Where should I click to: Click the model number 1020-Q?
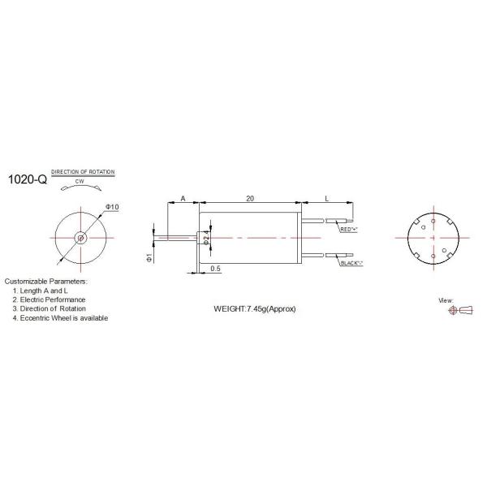(27, 180)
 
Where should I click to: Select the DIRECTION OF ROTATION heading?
(83, 172)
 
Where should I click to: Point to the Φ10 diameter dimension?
(112, 208)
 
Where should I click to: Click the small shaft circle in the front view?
(81, 238)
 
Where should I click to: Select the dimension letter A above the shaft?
(183, 198)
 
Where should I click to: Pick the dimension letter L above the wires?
(326, 198)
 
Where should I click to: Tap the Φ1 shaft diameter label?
(150, 257)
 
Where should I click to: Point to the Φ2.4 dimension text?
(207, 237)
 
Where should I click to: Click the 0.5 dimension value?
(215, 269)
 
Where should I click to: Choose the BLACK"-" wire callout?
(351, 264)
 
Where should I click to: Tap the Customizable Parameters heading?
(45, 281)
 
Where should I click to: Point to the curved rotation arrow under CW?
(81, 188)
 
